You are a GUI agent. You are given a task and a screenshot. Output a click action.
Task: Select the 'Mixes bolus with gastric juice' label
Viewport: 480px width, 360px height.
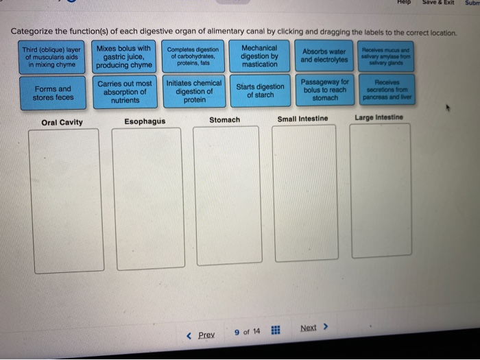124,57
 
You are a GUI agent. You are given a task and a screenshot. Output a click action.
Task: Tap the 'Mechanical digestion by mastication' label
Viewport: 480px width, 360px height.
260,56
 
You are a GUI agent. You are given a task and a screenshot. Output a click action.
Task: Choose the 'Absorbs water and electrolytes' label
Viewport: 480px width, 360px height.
325,56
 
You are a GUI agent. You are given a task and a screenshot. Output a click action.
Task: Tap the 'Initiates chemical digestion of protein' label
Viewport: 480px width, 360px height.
194,92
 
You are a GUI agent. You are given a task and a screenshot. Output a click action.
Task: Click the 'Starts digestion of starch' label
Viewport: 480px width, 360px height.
260,91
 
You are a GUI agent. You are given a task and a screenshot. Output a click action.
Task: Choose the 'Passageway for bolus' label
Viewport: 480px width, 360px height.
325,90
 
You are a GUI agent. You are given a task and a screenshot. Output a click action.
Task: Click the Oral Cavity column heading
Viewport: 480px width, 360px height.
62,123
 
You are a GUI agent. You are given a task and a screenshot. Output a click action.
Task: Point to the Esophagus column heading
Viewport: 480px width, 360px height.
145,121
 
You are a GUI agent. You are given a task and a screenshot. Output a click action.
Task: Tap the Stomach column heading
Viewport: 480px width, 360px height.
225,120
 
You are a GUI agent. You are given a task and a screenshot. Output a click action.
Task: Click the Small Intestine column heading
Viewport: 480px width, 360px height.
302,119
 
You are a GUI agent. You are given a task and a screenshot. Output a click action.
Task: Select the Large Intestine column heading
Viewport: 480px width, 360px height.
379,117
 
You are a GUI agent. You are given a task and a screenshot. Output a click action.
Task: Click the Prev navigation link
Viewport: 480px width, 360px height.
201,335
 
